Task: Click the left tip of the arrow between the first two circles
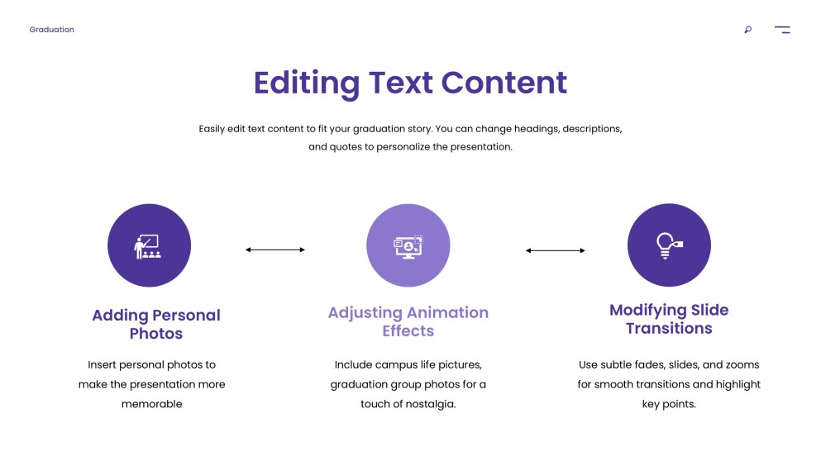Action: pos(246,250)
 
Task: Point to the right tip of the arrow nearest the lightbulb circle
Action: pos(585,250)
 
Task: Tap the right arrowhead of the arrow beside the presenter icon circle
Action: pos(304,250)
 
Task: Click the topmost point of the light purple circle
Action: pos(408,204)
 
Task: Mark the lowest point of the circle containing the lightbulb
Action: pos(669,286)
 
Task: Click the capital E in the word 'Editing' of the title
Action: pos(263,83)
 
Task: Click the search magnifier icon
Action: pos(748,30)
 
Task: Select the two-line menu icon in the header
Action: pos(782,30)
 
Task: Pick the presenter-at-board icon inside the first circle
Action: pos(148,246)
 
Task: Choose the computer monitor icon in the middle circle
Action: pos(408,246)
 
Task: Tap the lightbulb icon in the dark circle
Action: pos(669,245)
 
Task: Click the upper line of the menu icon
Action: pos(782,26)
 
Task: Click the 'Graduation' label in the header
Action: pos(52,30)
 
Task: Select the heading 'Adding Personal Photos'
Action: pos(156,325)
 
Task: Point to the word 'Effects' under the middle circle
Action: pos(408,330)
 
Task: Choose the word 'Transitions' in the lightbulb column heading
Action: pos(669,328)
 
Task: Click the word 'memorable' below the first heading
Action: pos(152,404)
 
